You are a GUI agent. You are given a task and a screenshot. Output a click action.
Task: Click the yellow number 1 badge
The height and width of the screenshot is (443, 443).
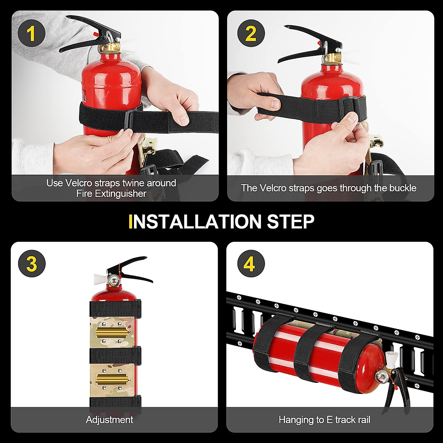coord(31,34)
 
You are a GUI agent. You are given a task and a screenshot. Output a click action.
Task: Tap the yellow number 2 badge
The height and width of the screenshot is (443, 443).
coord(251,34)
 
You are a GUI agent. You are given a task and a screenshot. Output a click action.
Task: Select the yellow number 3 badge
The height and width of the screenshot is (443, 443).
coord(31,264)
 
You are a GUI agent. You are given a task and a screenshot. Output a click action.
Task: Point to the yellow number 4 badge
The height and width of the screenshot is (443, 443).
coord(251,264)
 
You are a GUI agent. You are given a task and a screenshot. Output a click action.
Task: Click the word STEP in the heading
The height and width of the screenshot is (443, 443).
coord(291,221)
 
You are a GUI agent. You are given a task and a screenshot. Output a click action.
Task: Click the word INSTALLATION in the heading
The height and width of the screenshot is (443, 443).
coord(195,221)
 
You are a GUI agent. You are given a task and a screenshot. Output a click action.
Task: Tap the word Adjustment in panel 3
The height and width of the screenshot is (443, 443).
coord(109,420)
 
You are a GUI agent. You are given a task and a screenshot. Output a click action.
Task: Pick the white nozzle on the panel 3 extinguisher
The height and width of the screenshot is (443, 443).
coord(100,279)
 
